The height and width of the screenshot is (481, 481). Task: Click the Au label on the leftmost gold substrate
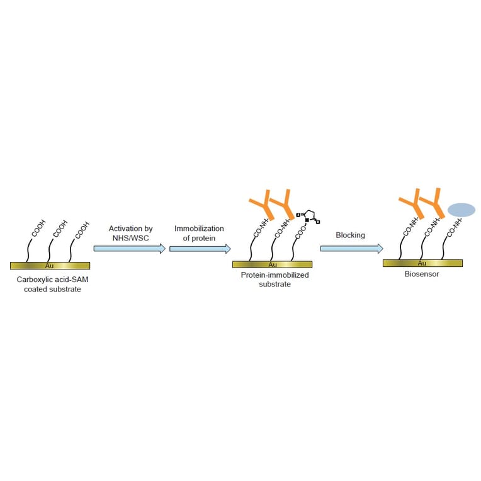coord(50,266)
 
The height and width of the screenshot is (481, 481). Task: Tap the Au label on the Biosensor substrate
coord(422,263)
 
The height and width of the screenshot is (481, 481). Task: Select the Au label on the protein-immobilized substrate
coord(273,264)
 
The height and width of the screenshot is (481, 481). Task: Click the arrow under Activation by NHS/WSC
coord(130,249)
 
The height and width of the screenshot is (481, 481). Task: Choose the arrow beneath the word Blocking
coord(351,249)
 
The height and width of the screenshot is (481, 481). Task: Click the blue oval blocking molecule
coord(461,209)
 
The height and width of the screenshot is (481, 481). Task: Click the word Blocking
coord(350,235)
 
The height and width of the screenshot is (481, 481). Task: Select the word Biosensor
coord(422,274)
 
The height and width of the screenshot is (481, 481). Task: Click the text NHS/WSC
coord(130,239)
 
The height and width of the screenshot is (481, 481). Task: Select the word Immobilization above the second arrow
coord(199,229)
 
